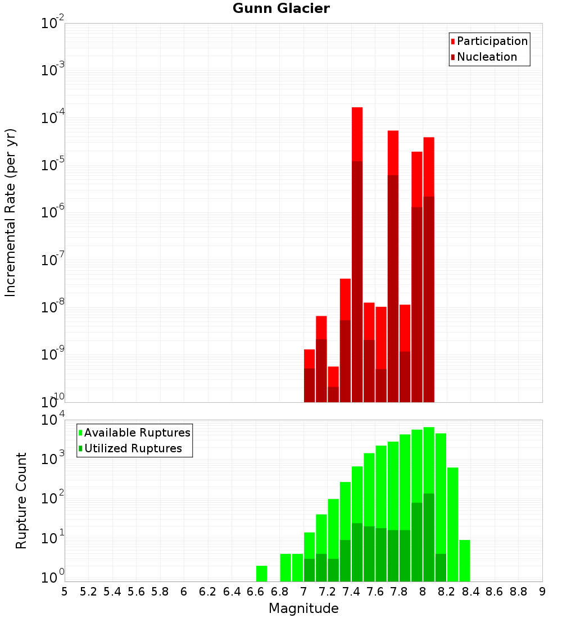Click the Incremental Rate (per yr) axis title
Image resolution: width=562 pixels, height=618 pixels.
[11, 213]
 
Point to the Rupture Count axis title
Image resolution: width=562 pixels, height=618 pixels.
[21, 500]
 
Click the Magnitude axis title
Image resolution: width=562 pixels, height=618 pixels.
[303, 608]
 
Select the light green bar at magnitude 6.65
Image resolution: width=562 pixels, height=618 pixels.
[261, 574]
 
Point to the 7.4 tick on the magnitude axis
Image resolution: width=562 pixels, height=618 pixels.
[351, 592]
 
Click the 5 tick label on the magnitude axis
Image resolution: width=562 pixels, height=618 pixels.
[65, 592]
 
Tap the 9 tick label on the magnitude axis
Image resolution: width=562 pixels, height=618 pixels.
[542, 592]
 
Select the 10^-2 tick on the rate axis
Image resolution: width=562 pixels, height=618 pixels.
[53, 24]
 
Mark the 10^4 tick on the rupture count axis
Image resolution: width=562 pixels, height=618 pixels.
[53, 420]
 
